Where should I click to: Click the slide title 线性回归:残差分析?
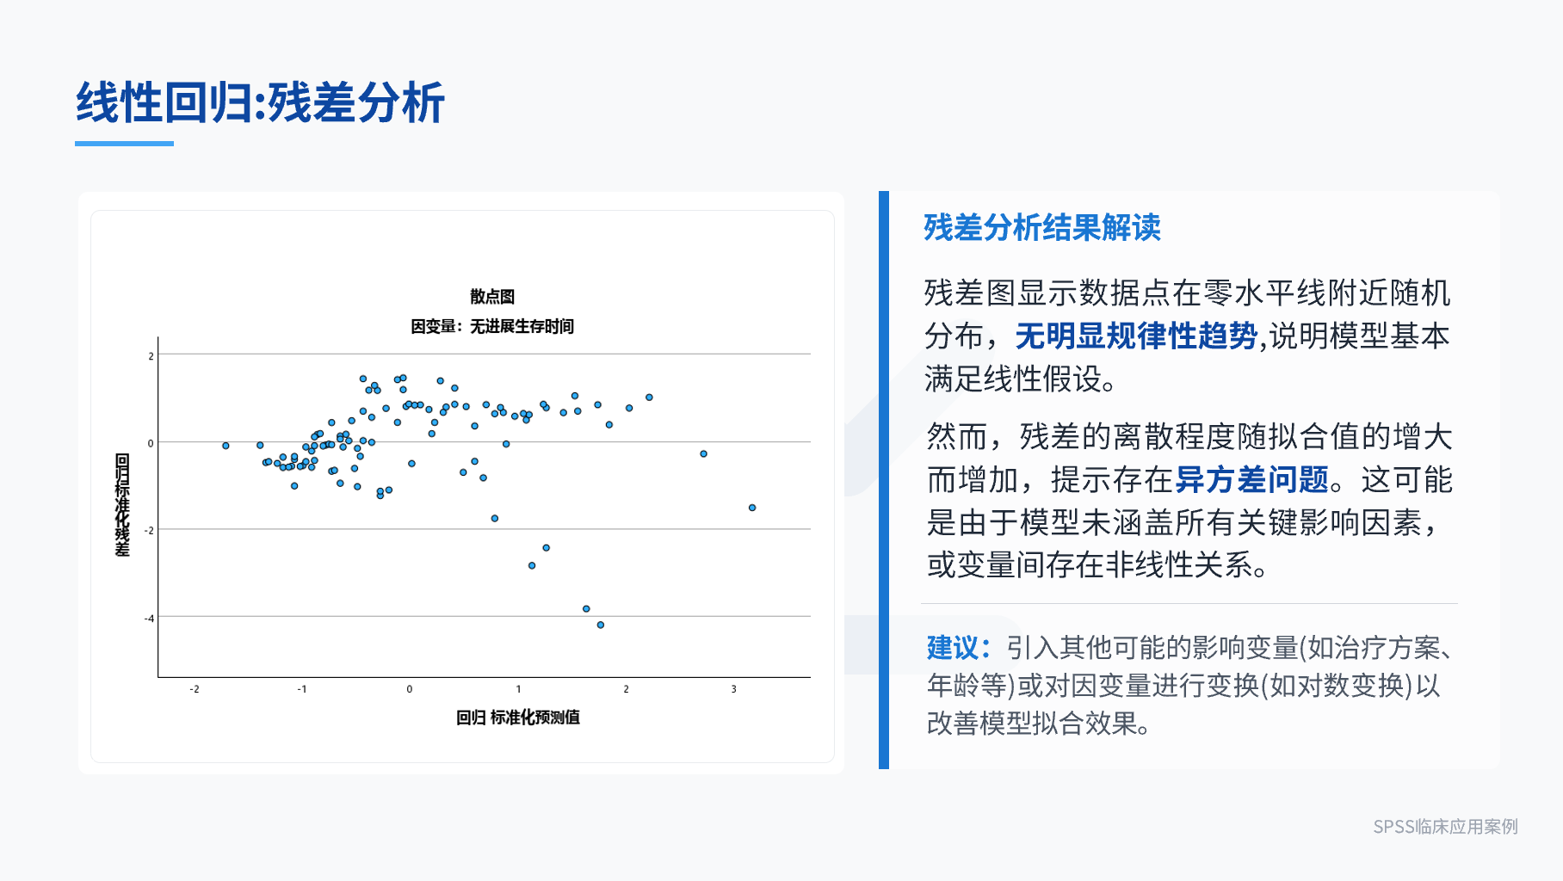(x=260, y=103)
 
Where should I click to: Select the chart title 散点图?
(x=492, y=297)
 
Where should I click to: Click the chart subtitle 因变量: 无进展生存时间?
(x=492, y=327)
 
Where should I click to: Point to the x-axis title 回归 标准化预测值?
(x=518, y=718)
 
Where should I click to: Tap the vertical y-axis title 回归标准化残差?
(x=122, y=505)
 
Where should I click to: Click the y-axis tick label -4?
(x=150, y=619)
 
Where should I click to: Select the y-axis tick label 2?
(x=151, y=356)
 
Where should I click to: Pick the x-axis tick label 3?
(x=733, y=689)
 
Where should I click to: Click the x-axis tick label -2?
(x=195, y=689)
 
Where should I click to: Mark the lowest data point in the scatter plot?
(x=601, y=625)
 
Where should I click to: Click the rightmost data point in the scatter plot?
(x=752, y=508)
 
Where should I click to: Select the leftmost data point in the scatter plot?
(x=225, y=446)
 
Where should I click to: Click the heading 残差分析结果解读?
(x=1042, y=228)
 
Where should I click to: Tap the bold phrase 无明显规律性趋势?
(x=1136, y=336)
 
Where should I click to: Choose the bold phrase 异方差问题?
(x=1252, y=479)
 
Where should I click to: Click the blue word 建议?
(x=953, y=647)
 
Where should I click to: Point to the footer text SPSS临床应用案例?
(x=1445, y=827)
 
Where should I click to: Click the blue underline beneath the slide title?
(x=124, y=144)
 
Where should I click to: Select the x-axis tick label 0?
(x=410, y=689)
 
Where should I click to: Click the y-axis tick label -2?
(x=150, y=531)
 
